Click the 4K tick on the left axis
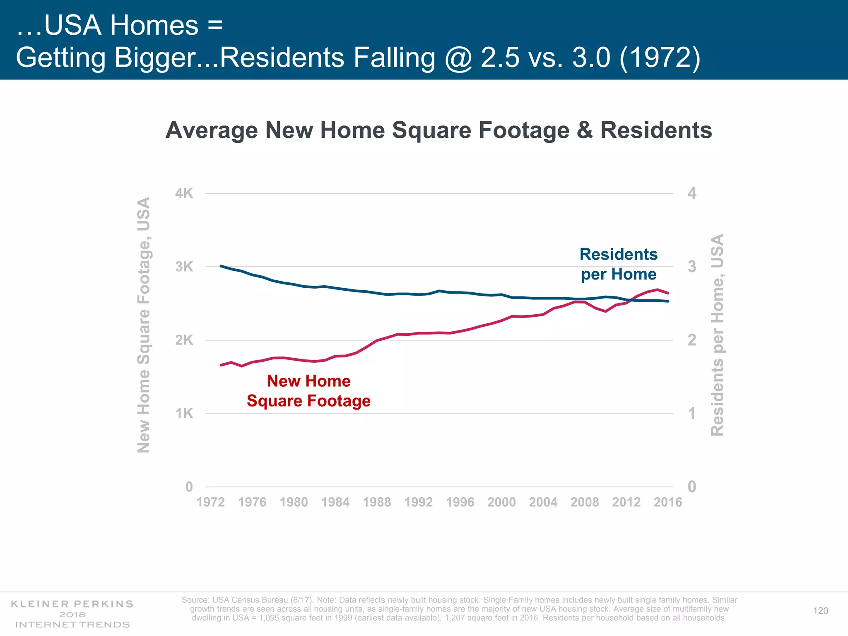[x=184, y=193]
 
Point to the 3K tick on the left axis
[x=184, y=267]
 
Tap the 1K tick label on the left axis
[x=184, y=413]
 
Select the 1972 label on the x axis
[x=210, y=502]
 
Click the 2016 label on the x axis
[x=667, y=502]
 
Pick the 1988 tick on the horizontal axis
[x=377, y=502]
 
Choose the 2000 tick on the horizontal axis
[x=501, y=502]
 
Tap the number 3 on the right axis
[x=691, y=267]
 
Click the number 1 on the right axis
[x=691, y=413]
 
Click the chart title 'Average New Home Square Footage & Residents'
[x=438, y=130]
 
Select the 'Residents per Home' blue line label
[x=619, y=264]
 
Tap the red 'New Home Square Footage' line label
[x=308, y=391]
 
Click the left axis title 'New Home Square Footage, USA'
[x=143, y=325]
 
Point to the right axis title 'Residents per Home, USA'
[x=717, y=335]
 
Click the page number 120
[x=820, y=611]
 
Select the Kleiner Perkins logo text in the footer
[x=72, y=614]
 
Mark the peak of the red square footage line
[x=658, y=289]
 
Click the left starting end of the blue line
[x=221, y=266]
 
